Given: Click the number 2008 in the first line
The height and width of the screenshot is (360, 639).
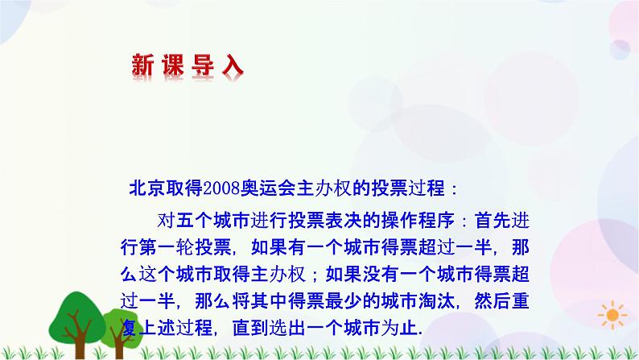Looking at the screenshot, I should tap(221, 189).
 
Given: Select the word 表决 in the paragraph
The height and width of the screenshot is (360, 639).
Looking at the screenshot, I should tap(337, 221).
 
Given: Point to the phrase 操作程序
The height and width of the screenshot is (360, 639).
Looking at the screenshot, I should tap(402, 221).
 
